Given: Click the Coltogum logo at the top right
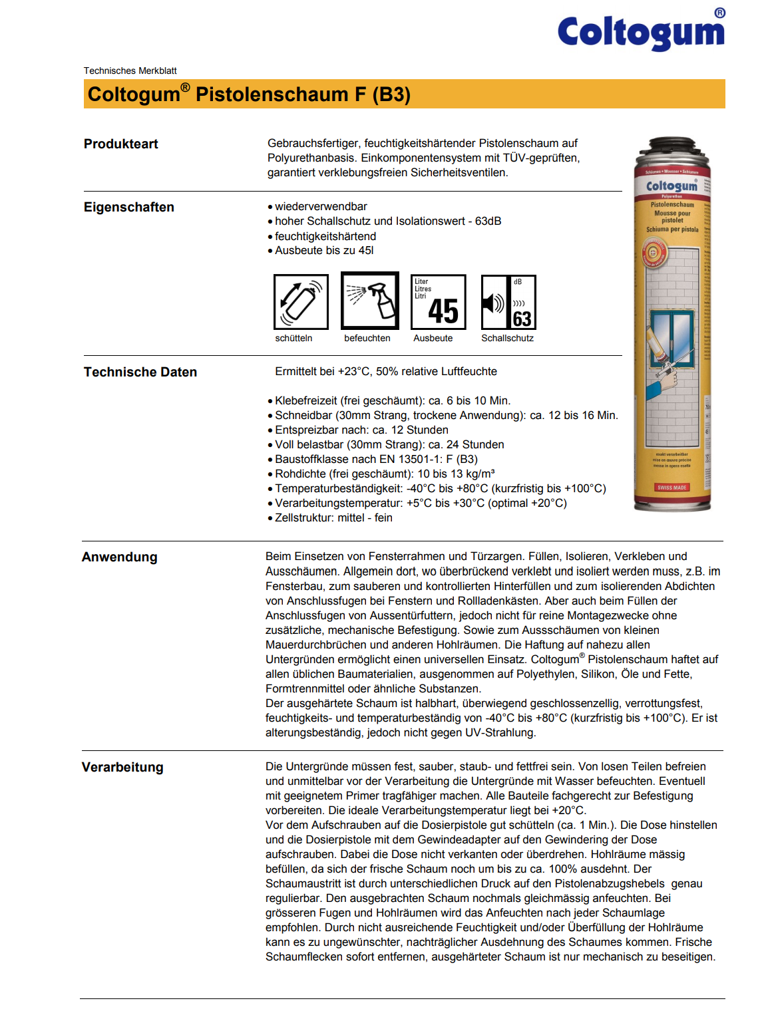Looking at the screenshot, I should pos(640,31).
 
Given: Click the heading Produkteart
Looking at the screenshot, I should pos(120,144).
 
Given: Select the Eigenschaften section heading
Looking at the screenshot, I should pos(128,207).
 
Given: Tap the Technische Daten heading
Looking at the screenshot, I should pos(140,372).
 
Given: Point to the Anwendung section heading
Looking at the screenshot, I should pos(119,557).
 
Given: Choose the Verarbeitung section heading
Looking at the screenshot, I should pos(122,767).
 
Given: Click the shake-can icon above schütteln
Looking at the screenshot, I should pos(301,301).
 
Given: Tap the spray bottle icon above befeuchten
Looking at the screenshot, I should pos(370,301).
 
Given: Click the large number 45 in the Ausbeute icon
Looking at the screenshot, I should pos(443,311).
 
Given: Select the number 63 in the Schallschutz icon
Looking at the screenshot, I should pos(522,319).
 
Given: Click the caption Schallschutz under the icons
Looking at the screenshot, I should pos(507,338).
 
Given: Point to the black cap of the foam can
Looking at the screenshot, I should pos(671,145).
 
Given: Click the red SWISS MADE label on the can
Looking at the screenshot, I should pos(672,488).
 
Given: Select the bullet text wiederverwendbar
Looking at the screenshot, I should pos(321,206).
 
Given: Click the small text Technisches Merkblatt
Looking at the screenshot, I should pos(130,71).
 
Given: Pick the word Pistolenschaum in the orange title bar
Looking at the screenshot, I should pos(272,94).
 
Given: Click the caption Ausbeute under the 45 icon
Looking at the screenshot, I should pos(433,338).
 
